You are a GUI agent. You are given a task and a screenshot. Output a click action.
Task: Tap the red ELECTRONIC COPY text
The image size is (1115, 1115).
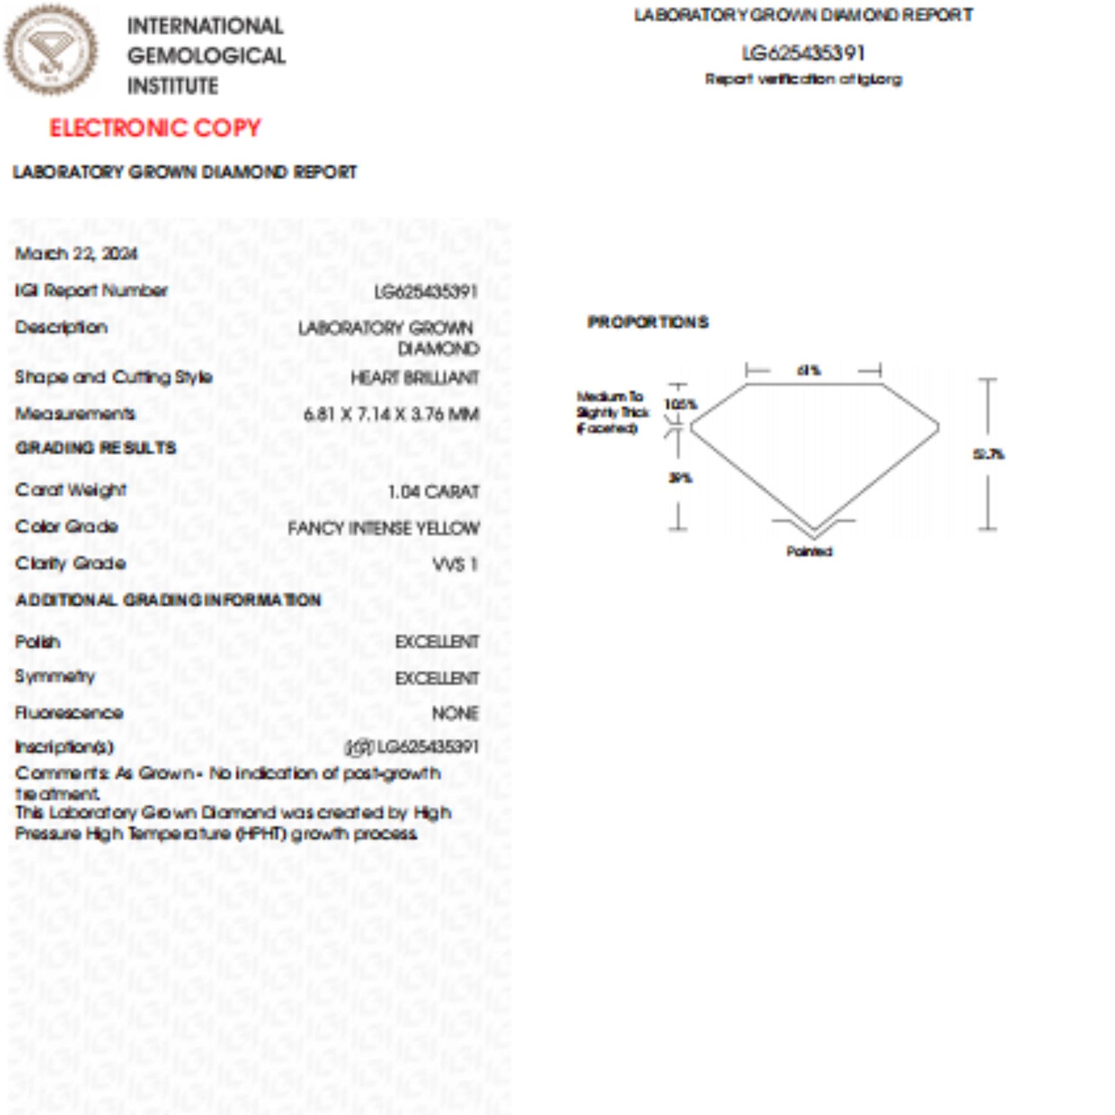(x=155, y=128)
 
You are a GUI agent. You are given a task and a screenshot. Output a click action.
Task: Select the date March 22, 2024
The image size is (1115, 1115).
(x=76, y=253)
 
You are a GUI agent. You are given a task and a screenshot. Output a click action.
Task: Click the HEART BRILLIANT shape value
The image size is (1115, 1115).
(x=414, y=378)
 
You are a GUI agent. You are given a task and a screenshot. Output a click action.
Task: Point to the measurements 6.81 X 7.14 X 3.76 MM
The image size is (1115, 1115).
(x=391, y=414)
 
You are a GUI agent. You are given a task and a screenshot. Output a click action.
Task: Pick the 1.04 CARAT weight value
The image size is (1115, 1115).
(x=433, y=492)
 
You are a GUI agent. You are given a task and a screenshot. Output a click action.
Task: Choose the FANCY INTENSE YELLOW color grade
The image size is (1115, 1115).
(x=383, y=528)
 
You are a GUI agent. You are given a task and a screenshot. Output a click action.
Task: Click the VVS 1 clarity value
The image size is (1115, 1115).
(x=456, y=564)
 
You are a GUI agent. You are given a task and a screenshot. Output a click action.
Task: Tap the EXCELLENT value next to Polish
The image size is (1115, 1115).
(x=436, y=642)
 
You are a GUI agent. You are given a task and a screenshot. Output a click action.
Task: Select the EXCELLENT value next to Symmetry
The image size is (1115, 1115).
(x=436, y=678)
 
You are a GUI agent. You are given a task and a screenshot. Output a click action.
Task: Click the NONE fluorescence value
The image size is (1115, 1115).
(x=455, y=714)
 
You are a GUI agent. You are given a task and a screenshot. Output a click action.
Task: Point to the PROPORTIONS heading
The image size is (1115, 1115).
(x=647, y=322)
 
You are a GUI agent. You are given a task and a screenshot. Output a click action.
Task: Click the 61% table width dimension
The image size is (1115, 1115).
(x=808, y=371)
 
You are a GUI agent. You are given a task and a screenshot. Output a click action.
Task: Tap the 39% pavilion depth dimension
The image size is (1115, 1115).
(x=680, y=478)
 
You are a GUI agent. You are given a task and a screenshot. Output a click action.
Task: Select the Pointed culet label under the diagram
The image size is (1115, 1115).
(x=809, y=552)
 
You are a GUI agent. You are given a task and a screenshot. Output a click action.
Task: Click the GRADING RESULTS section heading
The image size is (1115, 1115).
(x=96, y=448)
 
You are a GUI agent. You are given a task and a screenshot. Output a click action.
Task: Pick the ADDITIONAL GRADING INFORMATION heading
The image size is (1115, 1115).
(x=168, y=600)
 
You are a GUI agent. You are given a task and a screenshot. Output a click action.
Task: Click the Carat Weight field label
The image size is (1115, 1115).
(x=70, y=490)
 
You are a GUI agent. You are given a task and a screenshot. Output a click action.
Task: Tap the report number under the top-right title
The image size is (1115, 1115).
(x=803, y=54)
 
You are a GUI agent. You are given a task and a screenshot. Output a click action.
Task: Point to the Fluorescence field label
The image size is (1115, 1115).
(x=69, y=713)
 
